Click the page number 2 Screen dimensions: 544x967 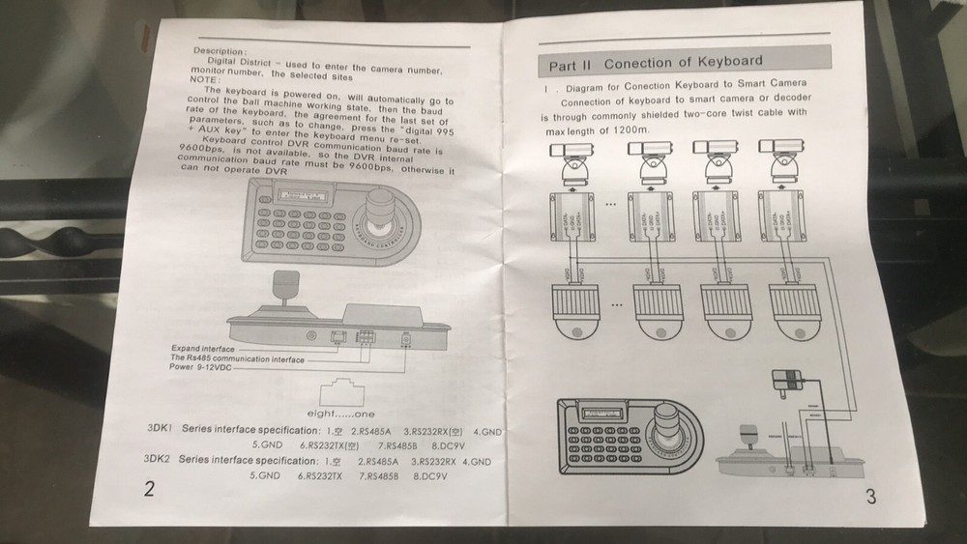149,488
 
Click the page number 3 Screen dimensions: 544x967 870,498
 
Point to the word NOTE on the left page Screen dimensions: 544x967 205,80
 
